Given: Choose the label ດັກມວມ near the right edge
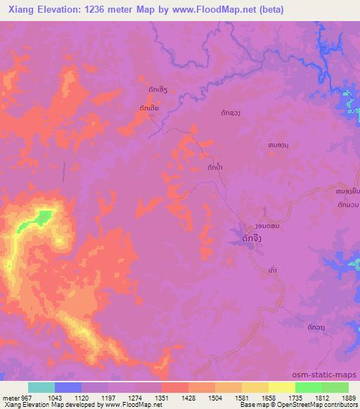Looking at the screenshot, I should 347,204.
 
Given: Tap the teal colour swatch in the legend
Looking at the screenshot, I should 41,387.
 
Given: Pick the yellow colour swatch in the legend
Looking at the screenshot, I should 281,387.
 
